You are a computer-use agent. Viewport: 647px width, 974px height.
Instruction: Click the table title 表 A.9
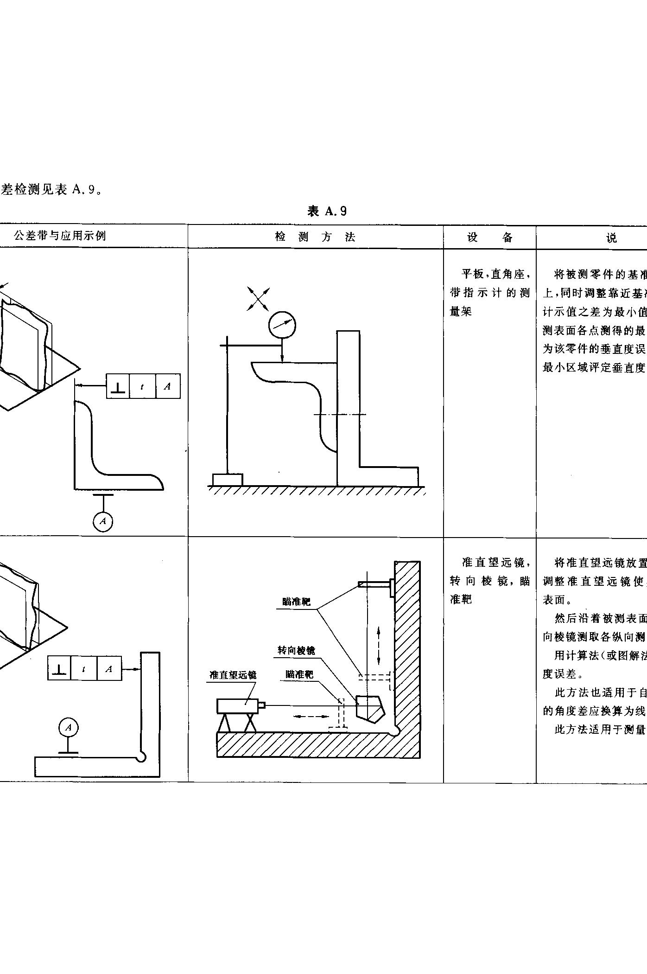[327, 211]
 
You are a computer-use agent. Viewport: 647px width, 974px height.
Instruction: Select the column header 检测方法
[315, 237]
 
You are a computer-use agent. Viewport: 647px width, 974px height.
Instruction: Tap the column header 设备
[490, 237]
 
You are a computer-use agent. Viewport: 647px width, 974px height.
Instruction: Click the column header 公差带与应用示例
[60, 236]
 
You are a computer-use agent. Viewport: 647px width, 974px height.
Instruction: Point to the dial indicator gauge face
[282, 325]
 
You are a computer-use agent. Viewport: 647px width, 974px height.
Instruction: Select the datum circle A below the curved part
[103, 521]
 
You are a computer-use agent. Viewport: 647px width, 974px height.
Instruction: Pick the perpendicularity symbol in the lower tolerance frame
[59, 668]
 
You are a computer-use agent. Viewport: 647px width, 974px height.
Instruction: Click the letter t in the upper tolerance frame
[142, 386]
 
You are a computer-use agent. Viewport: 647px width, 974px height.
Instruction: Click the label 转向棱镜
[296, 650]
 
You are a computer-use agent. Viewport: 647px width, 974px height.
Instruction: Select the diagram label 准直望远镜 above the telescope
[233, 675]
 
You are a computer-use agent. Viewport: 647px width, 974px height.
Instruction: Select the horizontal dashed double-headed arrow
[312, 717]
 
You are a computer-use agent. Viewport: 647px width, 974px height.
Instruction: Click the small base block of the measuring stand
[227, 480]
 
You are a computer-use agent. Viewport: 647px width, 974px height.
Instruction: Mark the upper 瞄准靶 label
[297, 602]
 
